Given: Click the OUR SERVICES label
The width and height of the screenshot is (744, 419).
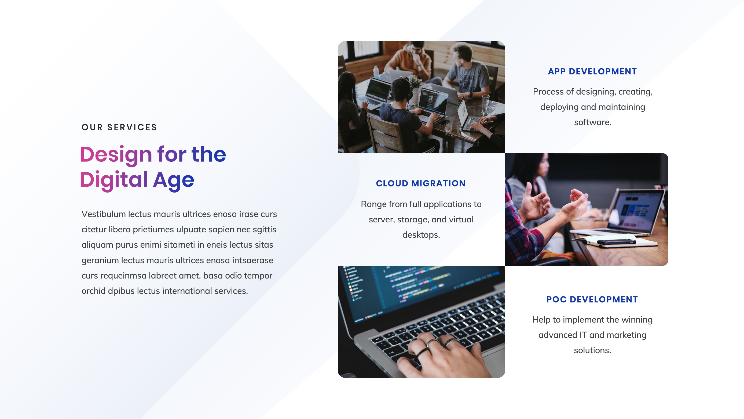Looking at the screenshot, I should pos(119,127).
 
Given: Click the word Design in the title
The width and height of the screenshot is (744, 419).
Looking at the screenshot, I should pos(116,154).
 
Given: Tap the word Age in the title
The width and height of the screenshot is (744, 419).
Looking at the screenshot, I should pos(173,180).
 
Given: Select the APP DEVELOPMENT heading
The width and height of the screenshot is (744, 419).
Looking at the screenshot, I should pos(592,71).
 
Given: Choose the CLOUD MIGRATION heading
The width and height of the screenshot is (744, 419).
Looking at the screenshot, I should pos(420,183).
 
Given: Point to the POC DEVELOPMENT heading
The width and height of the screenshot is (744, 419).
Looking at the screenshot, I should pos(592,299).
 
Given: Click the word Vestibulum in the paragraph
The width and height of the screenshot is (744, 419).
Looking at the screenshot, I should pos(103,214).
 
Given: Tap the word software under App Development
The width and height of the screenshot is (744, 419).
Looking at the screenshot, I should pos(592,122).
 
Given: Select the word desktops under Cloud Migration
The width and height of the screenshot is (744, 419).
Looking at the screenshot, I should pos(421,235).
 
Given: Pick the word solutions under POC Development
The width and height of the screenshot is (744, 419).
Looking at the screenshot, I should pos(592,351).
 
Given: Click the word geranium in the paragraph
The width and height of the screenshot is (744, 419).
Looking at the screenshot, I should pos(100,260).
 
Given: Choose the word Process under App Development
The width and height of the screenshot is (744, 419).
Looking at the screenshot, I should pos(548,92).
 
